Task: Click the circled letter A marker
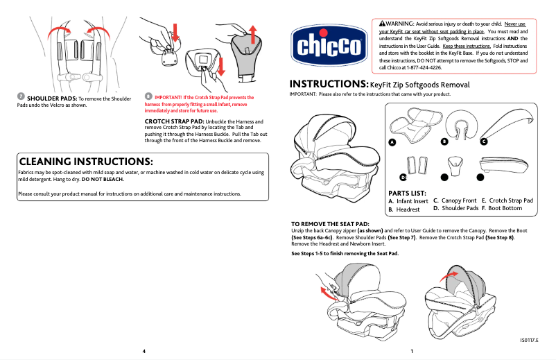[x=392, y=142]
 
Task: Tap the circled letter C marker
[x=484, y=142]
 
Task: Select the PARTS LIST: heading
[x=407, y=193]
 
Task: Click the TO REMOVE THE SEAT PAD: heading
[x=329, y=224]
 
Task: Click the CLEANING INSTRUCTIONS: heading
[x=85, y=161]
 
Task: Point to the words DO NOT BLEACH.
[x=107, y=179]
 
